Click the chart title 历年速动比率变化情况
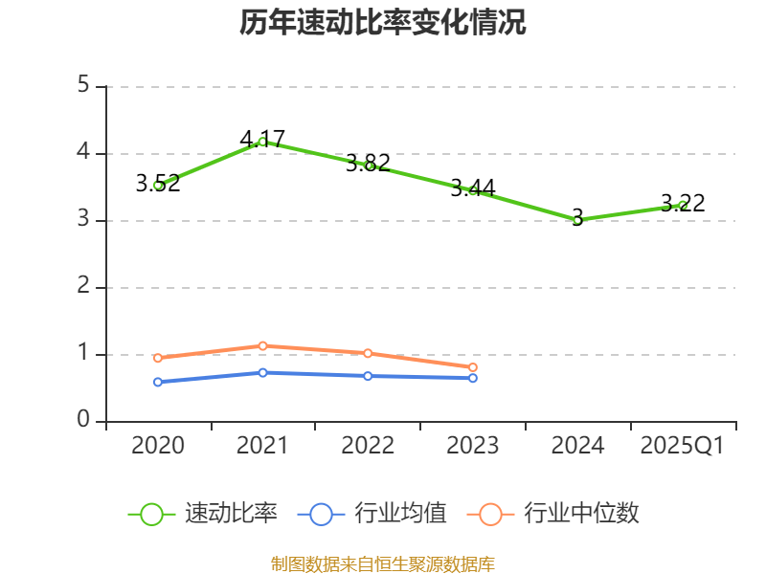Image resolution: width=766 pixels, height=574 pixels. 383,22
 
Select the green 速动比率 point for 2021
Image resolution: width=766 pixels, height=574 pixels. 262,142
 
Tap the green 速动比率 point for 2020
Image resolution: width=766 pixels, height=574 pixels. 158,185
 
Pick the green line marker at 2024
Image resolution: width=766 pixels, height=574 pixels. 577,220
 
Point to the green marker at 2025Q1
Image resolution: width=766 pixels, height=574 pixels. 683,205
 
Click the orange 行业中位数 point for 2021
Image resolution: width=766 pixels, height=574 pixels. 262,345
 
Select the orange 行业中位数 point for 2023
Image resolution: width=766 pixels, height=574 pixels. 473,367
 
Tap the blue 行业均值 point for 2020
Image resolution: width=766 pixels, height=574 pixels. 158,382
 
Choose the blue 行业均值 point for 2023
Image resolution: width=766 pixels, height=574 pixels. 473,378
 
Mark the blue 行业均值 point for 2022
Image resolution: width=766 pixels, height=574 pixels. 368,376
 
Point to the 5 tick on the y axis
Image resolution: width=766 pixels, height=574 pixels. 83,86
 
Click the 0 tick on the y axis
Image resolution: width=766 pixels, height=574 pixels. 83,421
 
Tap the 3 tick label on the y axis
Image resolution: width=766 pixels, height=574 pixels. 83,220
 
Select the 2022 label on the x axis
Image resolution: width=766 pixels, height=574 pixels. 368,446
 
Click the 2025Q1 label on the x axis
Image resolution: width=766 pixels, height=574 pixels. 683,446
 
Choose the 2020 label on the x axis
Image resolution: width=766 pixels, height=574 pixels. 158,446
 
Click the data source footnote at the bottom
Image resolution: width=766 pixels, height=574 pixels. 383,563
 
